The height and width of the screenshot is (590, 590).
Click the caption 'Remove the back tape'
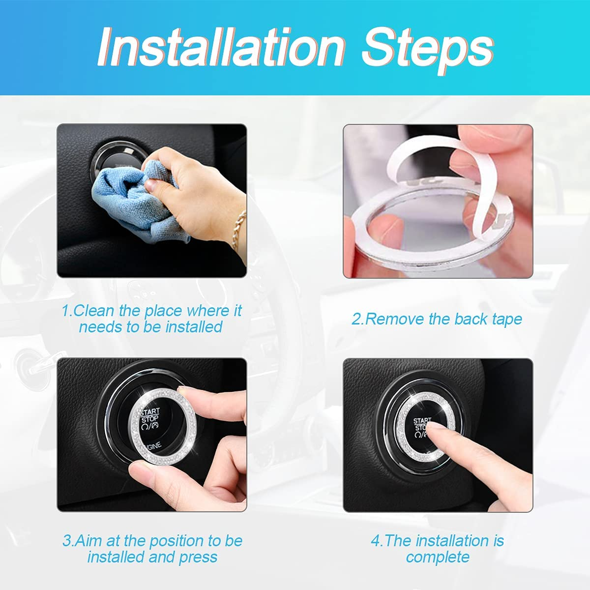point(437,319)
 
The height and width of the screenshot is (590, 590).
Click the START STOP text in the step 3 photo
point(149,416)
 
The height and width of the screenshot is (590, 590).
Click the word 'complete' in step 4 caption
point(438,557)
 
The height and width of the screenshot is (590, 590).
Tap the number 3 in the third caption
point(67,541)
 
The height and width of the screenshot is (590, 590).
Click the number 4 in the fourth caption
point(376,541)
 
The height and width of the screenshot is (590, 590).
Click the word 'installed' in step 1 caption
point(194,327)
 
